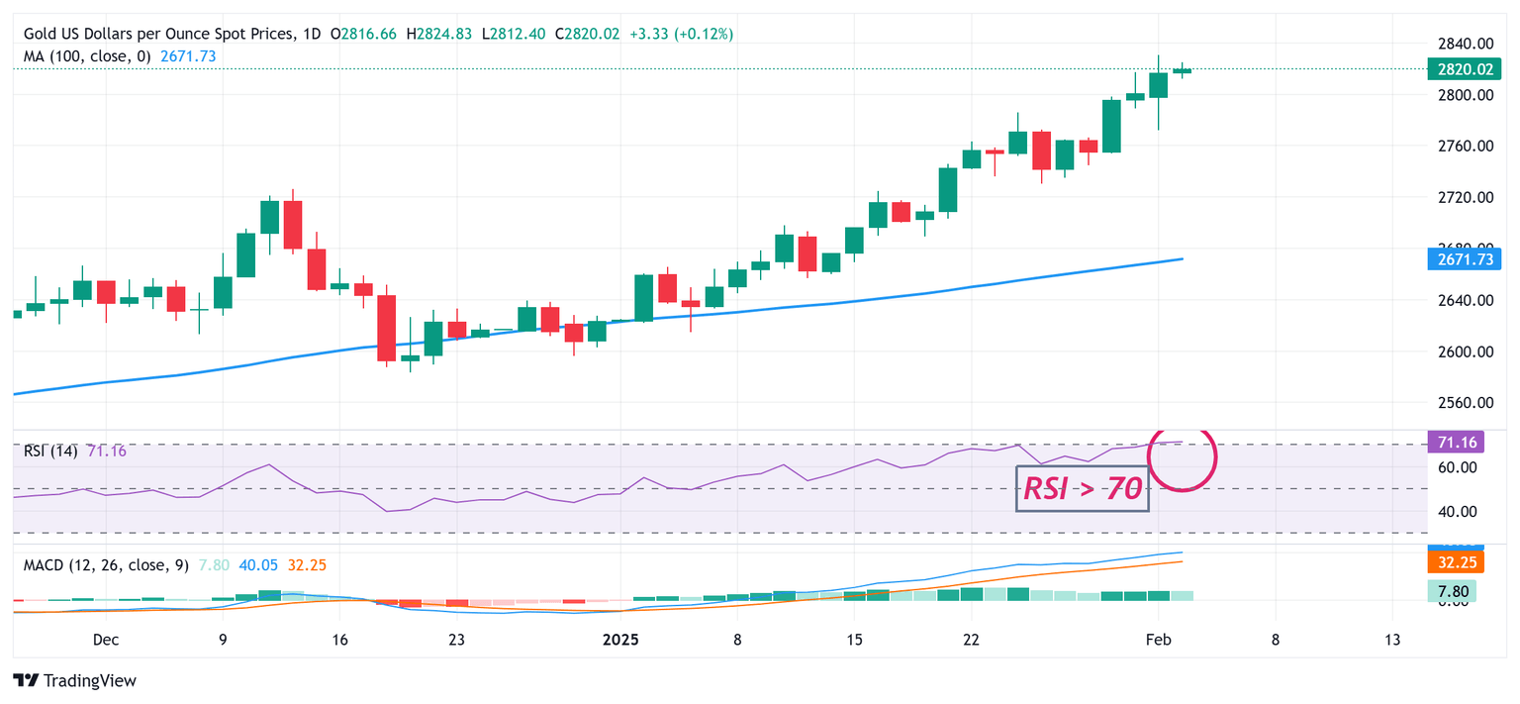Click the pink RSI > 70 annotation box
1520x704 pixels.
(x=1082, y=488)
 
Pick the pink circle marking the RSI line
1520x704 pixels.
(x=1182, y=456)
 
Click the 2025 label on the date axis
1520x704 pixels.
(x=620, y=640)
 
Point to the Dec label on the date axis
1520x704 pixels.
(x=106, y=640)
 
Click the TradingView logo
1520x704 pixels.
(x=75, y=681)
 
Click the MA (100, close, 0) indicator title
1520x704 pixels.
(x=87, y=56)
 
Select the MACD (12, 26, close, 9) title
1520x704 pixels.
(x=106, y=565)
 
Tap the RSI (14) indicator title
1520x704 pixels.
(x=53, y=452)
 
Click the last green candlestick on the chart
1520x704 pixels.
(x=1182, y=69)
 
